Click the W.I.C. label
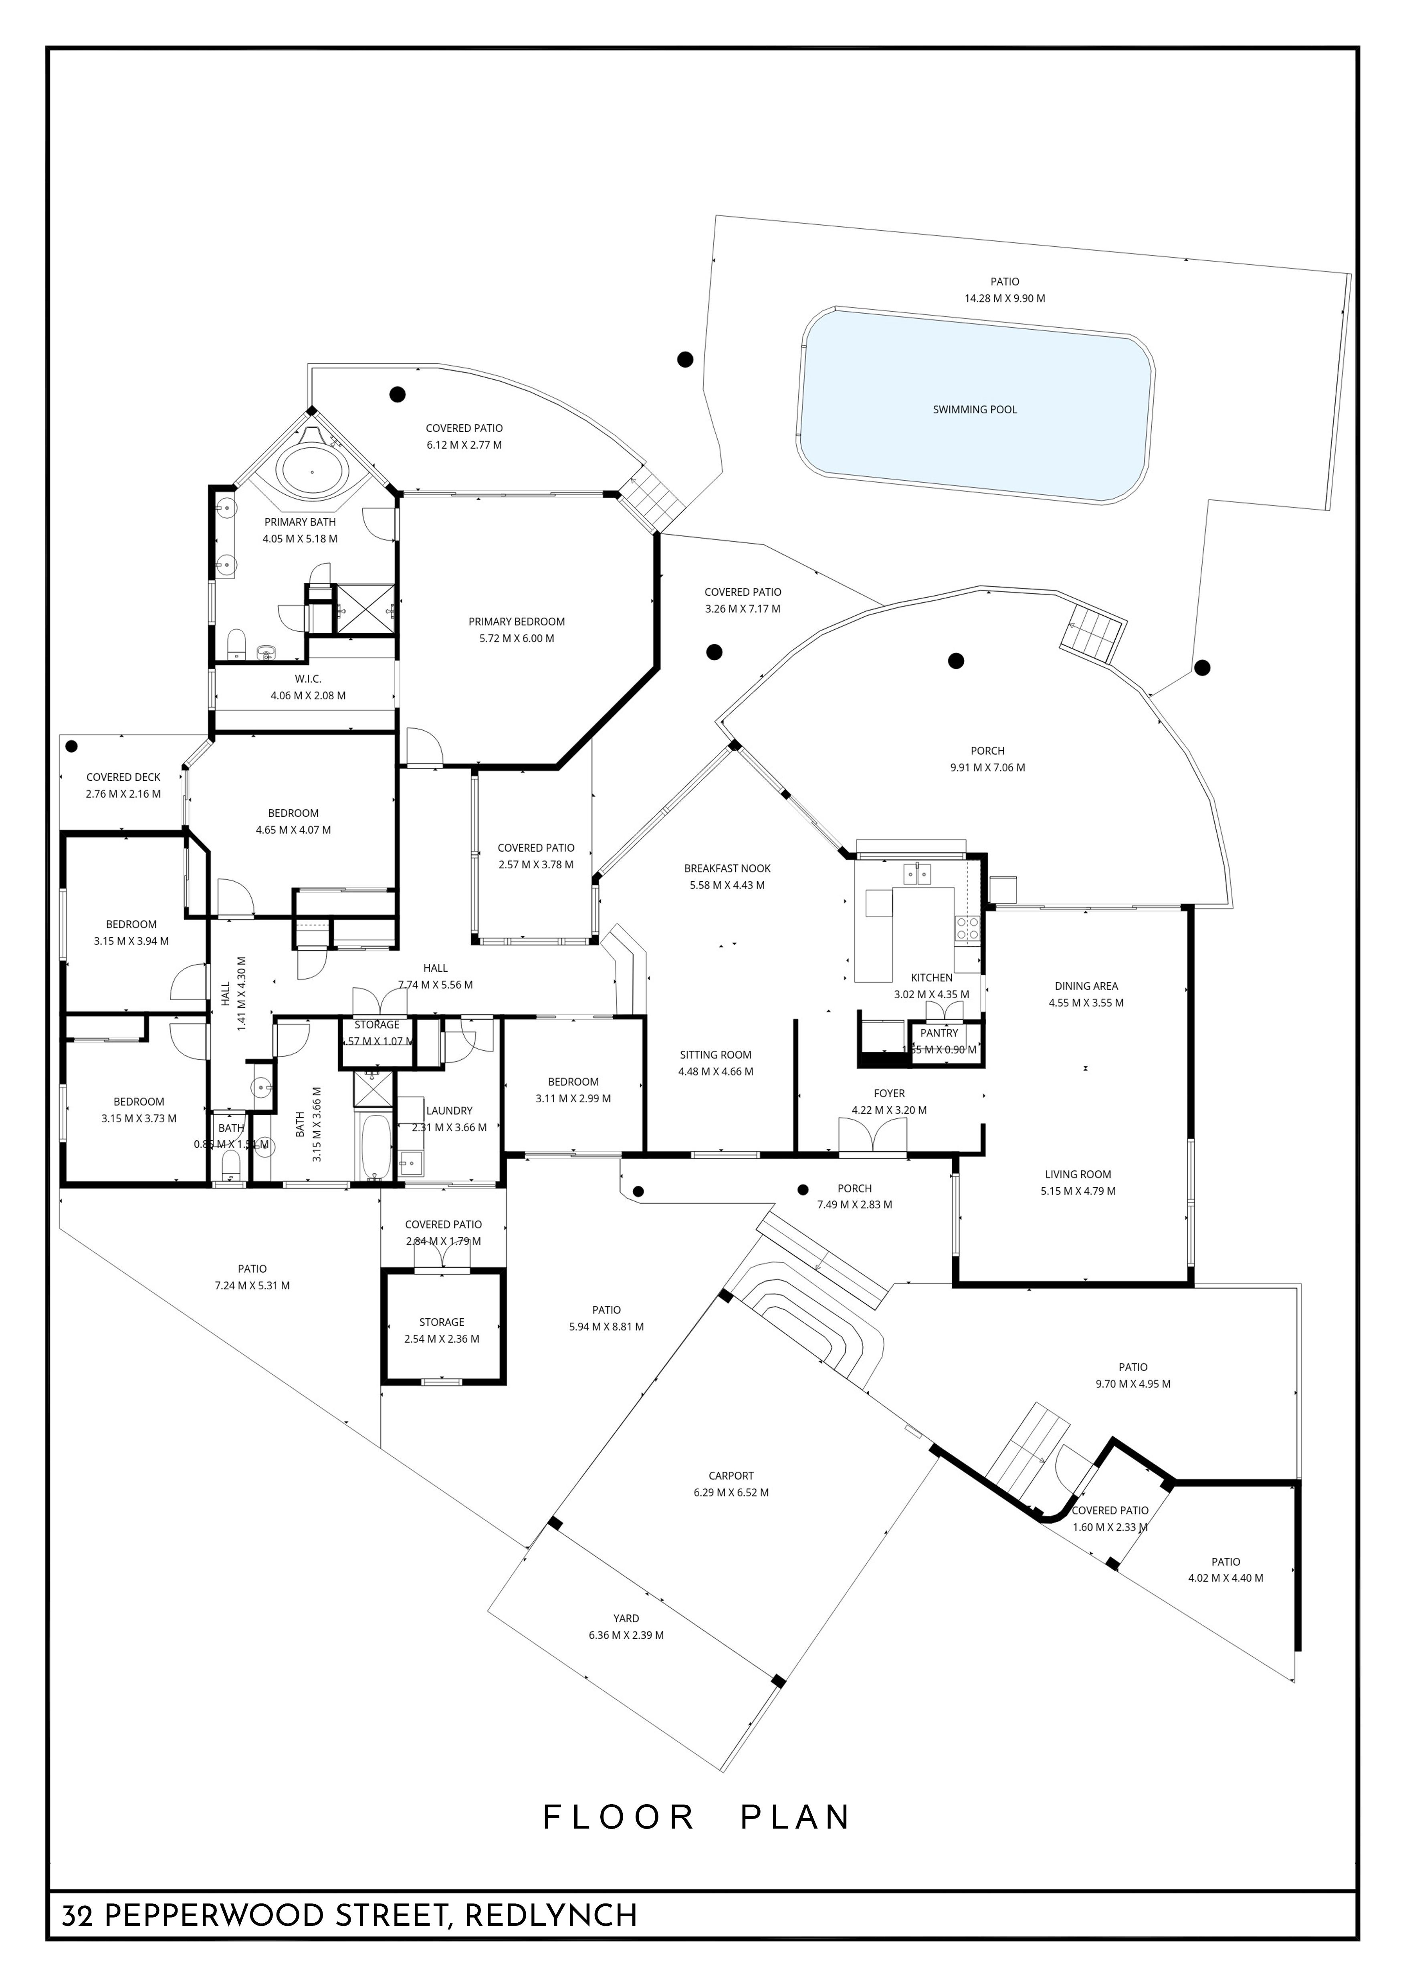(308, 679)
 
